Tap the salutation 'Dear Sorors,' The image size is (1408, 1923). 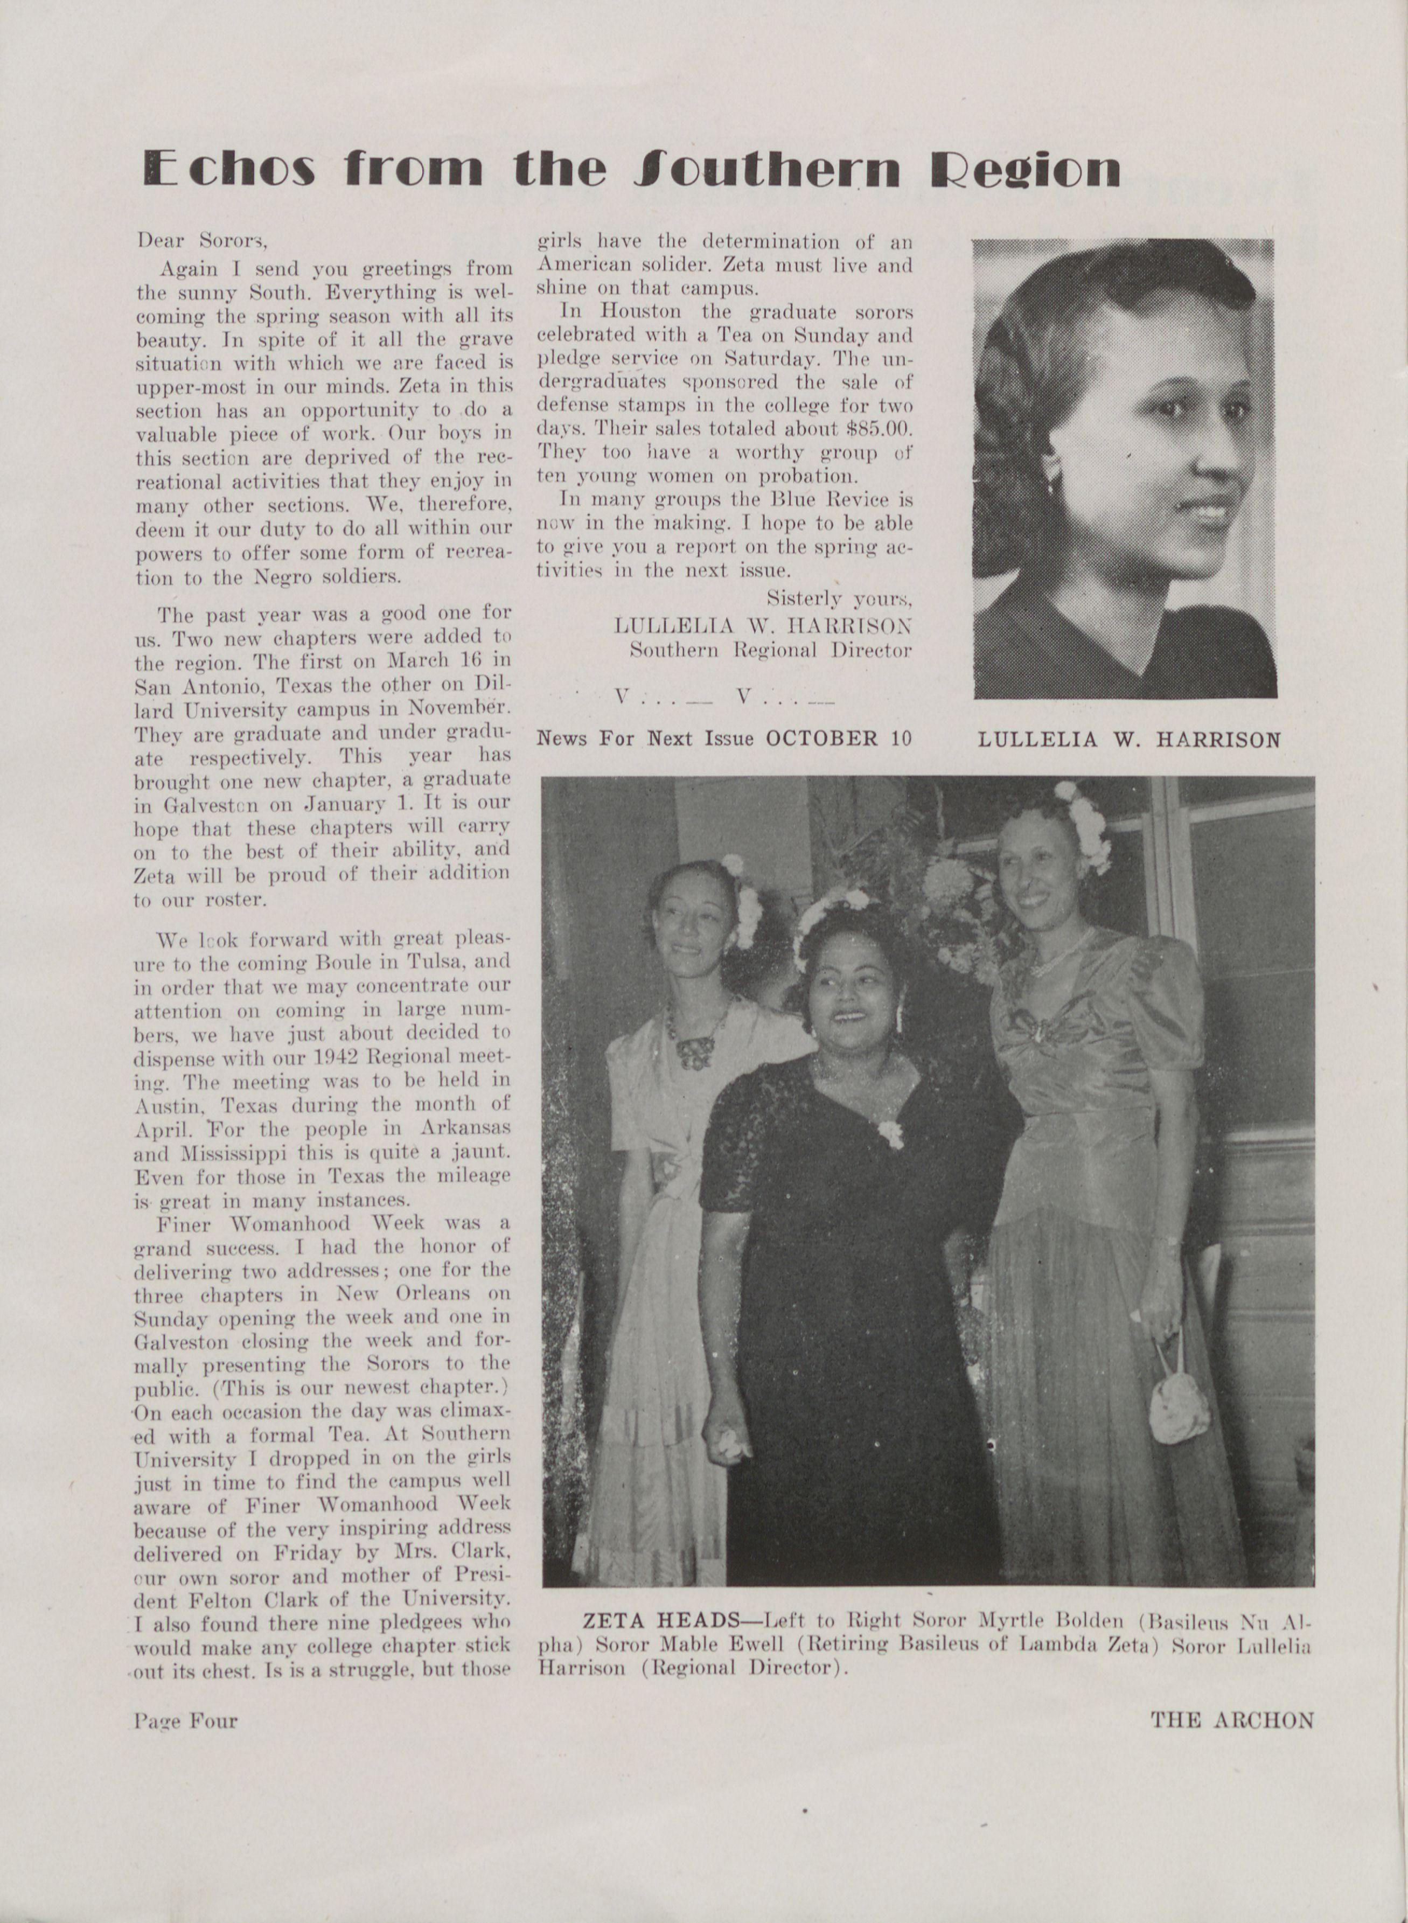203,241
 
